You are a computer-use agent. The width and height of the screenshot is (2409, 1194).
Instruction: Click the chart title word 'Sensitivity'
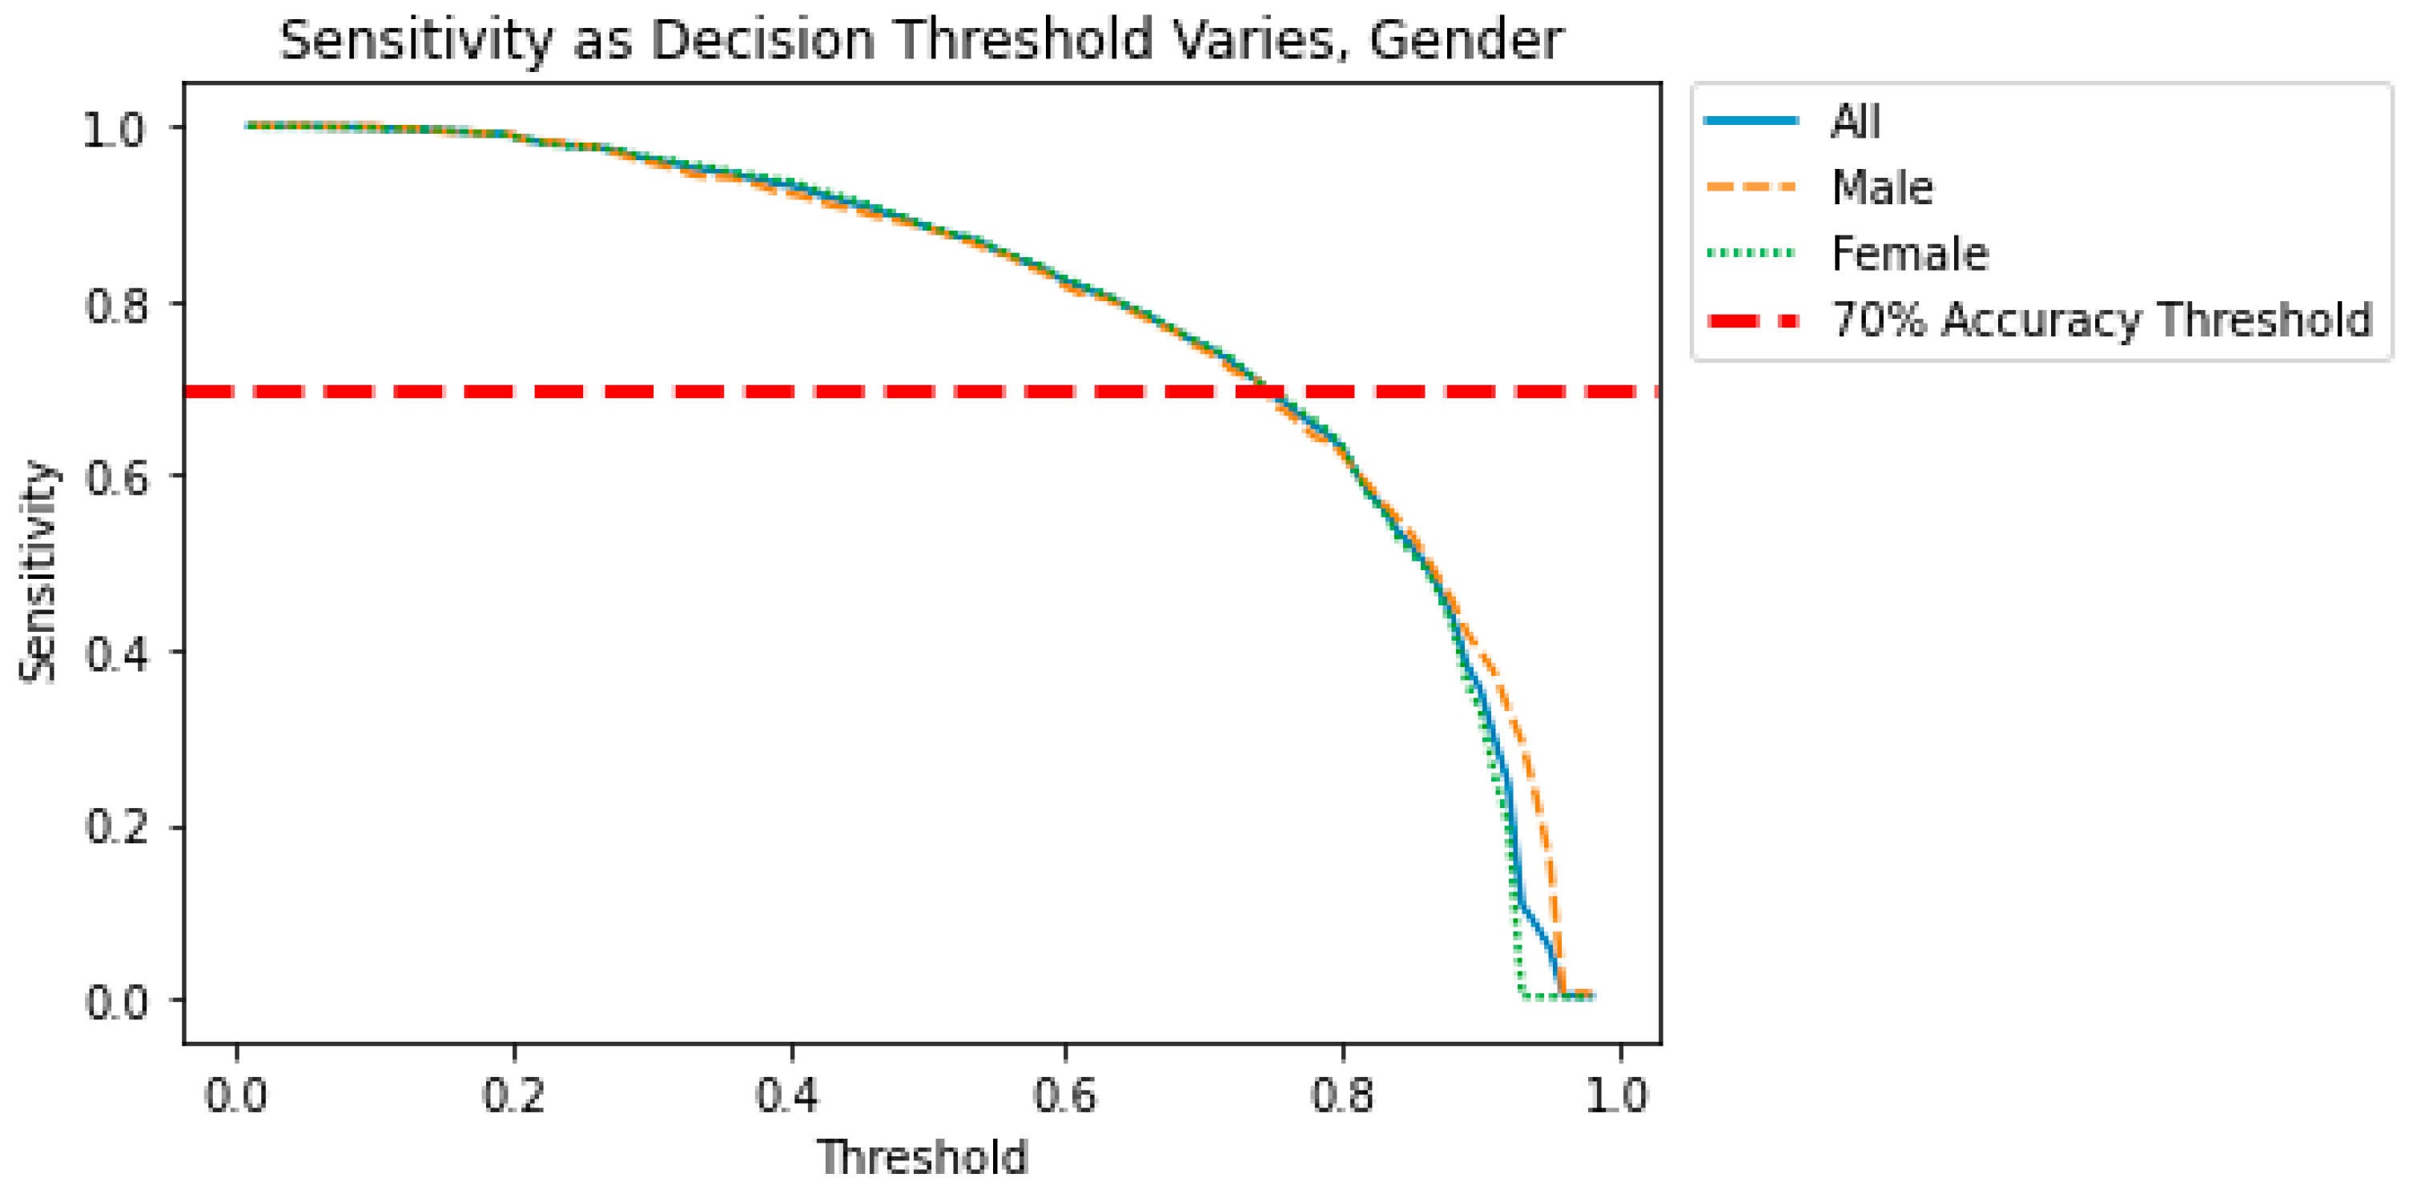(416, 41)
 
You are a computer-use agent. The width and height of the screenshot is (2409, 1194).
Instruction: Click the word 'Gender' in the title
(1466, 41)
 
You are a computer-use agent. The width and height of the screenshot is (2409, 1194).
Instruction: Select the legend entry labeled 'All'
(1855, 122)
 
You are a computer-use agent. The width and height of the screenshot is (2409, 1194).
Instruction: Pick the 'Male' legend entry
(1881, 188)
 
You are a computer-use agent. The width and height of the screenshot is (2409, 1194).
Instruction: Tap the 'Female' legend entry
(1908, 253)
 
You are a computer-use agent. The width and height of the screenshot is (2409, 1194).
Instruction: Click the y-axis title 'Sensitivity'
(39, 573)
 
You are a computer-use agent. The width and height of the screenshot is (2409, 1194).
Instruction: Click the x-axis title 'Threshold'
(922, 1156)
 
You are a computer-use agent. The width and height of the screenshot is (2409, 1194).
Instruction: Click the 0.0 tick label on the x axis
(235, 1095)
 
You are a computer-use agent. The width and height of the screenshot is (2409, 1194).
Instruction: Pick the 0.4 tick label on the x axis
(787, 1095)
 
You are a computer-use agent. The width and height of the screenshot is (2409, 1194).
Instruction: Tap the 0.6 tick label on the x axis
(1064, 1095)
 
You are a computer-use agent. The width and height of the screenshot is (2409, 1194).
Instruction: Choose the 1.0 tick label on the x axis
(1616, 1095)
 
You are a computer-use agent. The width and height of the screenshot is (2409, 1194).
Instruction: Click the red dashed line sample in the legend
(1751, 320)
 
